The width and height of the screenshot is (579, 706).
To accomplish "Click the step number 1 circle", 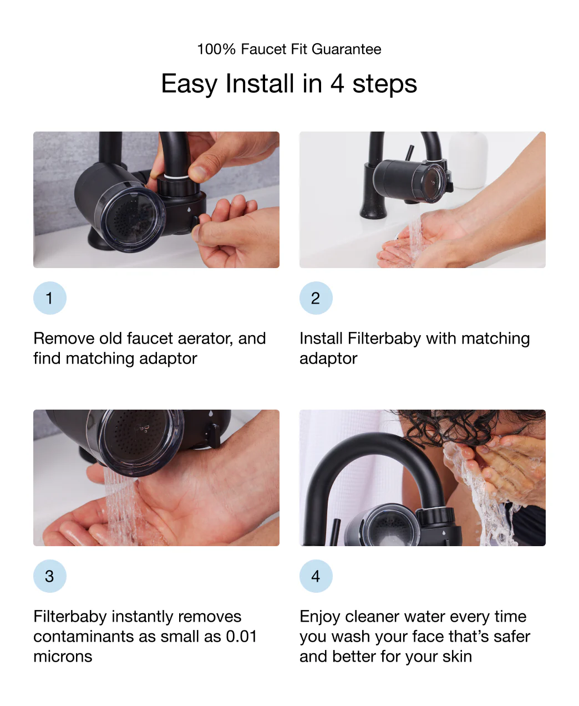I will (49, 298).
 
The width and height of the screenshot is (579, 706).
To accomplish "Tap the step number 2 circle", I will (316, 298).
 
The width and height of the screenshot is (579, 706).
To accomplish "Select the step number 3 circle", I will (49, 576).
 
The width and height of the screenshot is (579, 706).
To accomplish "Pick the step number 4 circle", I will (316, 576).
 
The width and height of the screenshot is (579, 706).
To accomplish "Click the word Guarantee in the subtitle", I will (346, 49).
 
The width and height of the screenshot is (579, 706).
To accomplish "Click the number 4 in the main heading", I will (337, 84).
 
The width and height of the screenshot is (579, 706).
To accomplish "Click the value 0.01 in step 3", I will (241, 637).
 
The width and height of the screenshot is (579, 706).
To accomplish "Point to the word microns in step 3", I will (63, 657).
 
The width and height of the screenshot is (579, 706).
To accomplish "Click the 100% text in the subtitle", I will (216, 49).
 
